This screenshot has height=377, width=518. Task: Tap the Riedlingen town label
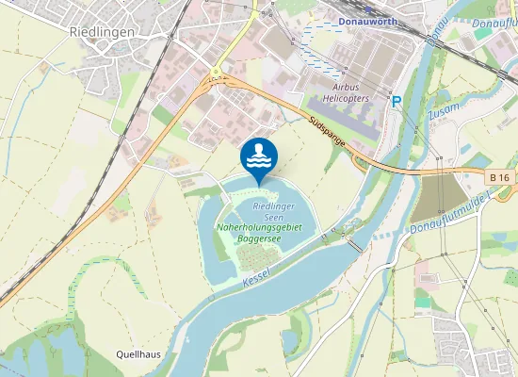[x=102, y=31]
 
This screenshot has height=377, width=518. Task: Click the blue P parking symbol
[x=397, y=101]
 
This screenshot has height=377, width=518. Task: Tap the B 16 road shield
[x=499, y=176]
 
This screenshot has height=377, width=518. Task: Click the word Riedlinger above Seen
[x=274, y=205]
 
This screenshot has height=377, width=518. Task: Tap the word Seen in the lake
[x=274, y=217]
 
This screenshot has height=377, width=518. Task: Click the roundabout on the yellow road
[x=216, y=72]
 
